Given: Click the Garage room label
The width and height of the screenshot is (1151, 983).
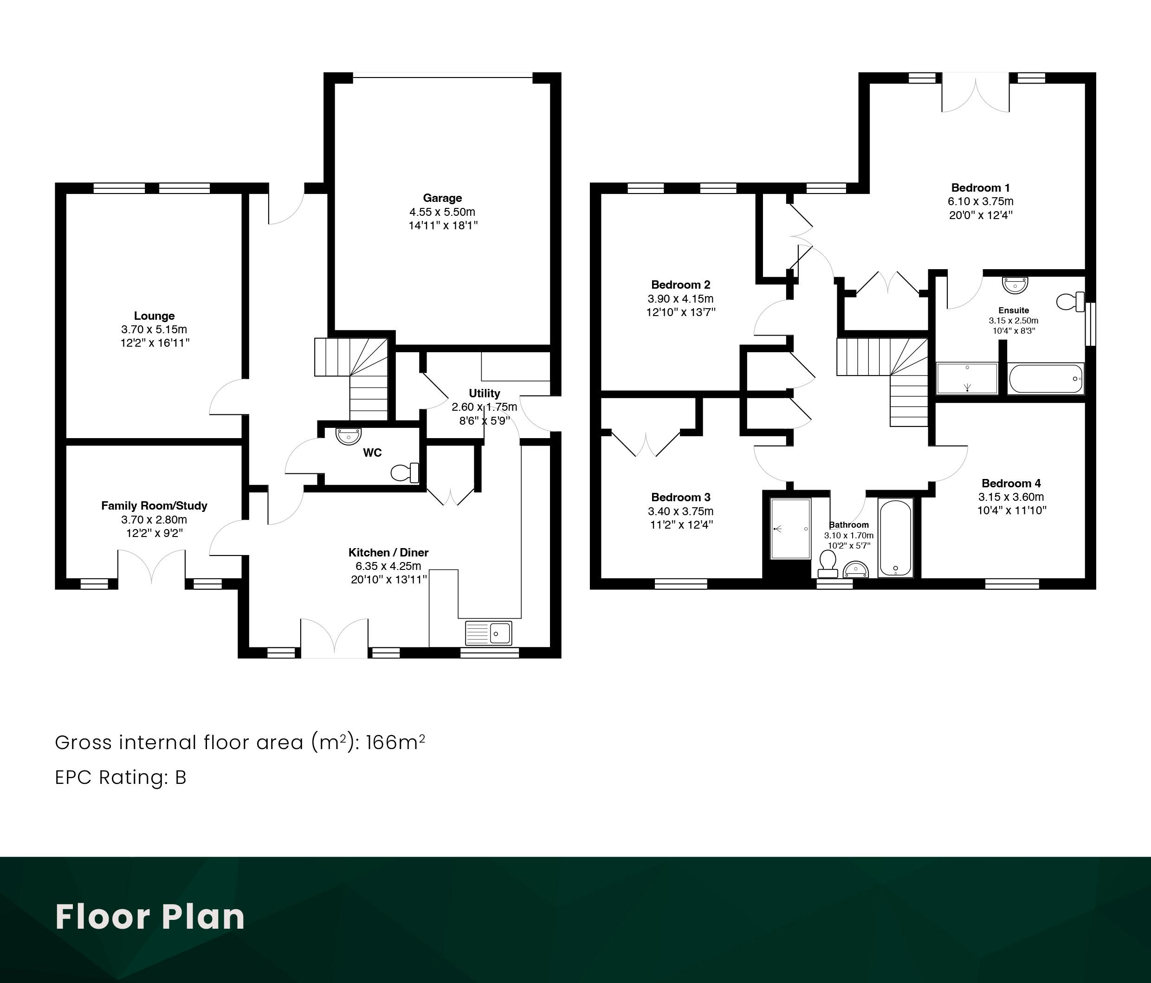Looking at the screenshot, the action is point(442,198).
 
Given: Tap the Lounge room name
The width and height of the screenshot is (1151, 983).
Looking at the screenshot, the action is point(155,316).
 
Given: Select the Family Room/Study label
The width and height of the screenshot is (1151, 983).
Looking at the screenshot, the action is point(154,505).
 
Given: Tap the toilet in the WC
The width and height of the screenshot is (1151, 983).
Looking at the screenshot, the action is point(405,472).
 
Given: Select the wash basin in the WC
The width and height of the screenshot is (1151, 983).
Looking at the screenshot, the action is point(348,436).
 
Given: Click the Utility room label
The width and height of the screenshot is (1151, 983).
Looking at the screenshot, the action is point(485,393).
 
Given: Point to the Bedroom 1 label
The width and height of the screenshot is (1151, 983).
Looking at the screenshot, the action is point(981,188).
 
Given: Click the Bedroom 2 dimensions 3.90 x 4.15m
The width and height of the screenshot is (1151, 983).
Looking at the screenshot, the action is point(680,299).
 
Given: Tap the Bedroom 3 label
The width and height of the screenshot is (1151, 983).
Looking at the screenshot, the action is point(680,497).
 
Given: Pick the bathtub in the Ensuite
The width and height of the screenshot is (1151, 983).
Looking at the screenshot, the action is point(1046,379).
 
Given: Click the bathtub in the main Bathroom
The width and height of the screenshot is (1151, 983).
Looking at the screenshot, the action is point(895,537).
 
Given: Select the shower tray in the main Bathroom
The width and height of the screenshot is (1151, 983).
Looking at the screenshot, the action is point(790,529).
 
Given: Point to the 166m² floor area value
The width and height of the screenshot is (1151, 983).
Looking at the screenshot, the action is point(395,742).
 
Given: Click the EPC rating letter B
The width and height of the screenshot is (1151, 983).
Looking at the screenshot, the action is point(181,777).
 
